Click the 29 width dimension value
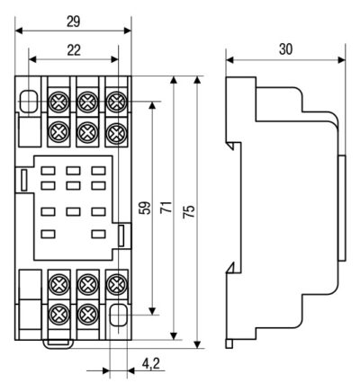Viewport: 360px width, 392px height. (74, 22)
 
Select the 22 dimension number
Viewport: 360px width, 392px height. (74, 50)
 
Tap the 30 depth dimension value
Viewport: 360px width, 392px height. (285, 49)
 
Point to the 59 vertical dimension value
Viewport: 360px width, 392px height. (146, 208)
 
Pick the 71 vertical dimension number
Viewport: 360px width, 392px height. (167, 208)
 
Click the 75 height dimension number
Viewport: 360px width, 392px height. (190, 211)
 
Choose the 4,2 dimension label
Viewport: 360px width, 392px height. (151, 364)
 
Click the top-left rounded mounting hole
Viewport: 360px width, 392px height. (29, 101)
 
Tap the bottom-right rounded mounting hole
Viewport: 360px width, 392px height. (119, 315)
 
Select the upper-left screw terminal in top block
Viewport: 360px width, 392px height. (59, 102)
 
